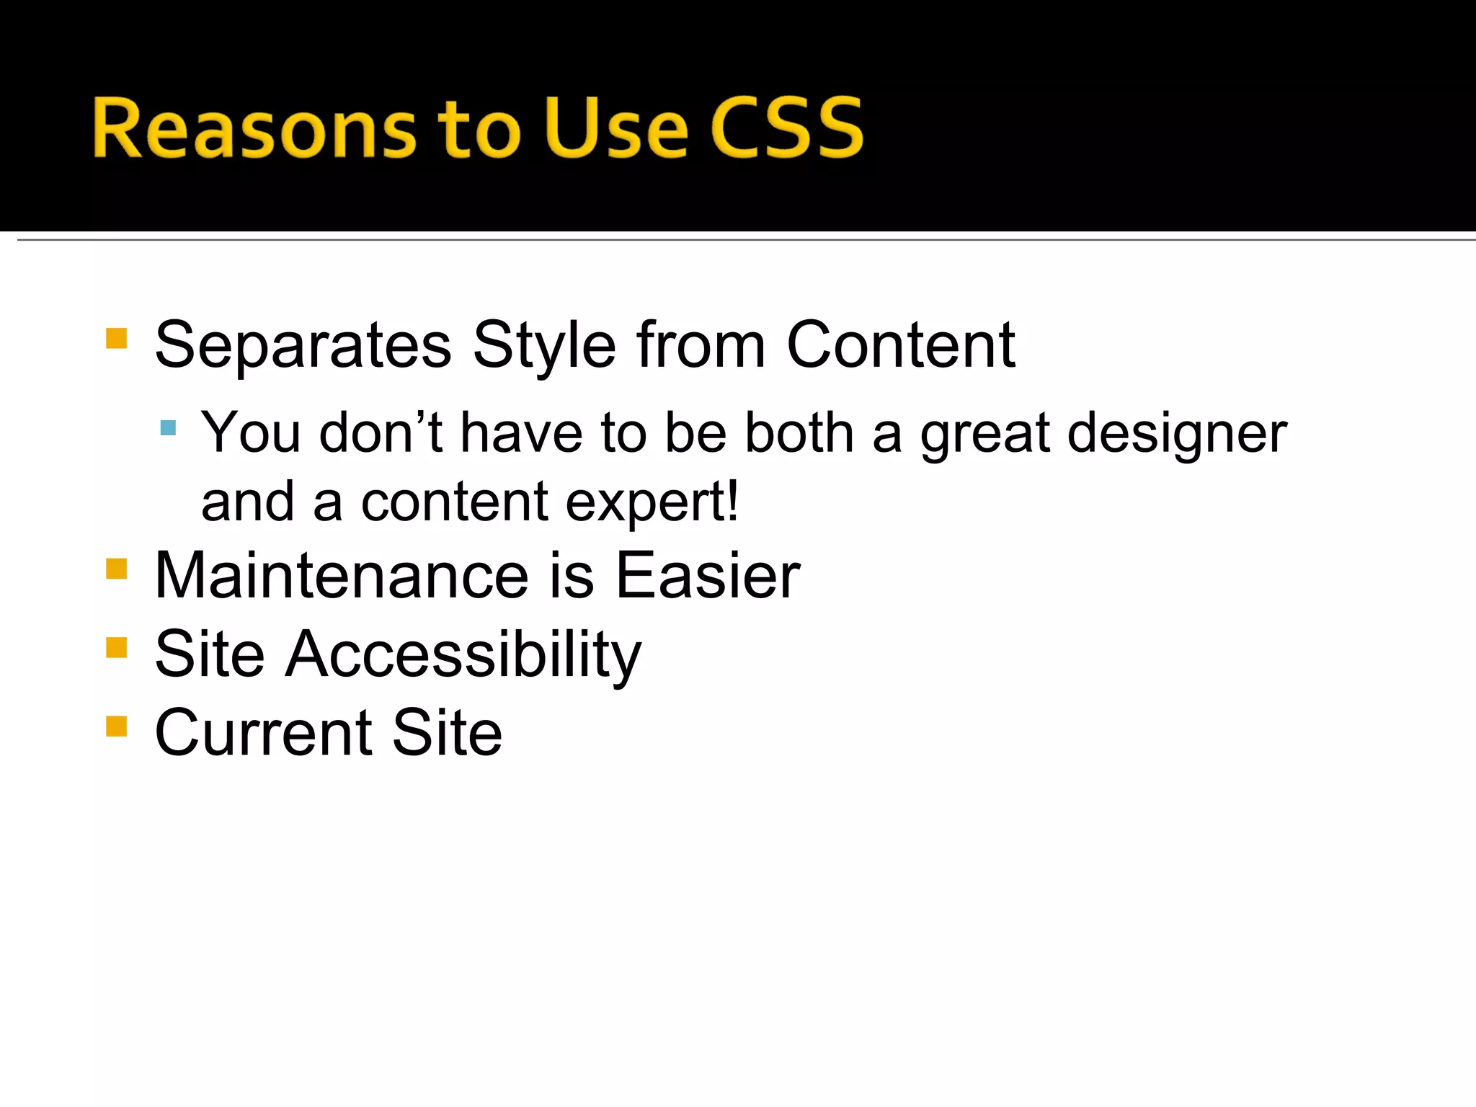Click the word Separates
click(303, 346)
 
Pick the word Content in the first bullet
click(901, 346)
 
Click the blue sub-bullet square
click(168, 429)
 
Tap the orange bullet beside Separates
click(116, 339)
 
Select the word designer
click(1176, 434)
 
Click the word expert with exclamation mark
click(652, 502)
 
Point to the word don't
click(381, 434)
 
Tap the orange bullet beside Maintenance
click(116, 569)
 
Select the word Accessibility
click(463, 654)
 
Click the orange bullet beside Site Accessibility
click(116, 647)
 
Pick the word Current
click(264, 733)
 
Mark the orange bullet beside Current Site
click(116, 726)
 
